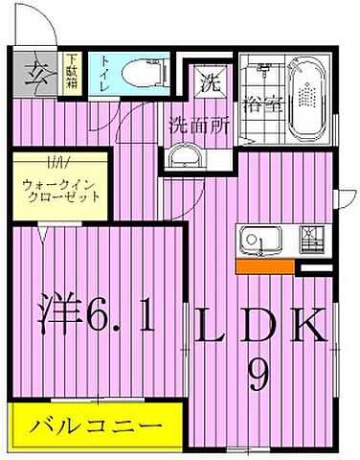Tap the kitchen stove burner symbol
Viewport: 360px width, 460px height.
(x=312, y=236)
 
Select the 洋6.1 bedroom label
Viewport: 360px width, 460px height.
(x=97, y=315)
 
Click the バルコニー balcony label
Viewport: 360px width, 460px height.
(x=93, y=423)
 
